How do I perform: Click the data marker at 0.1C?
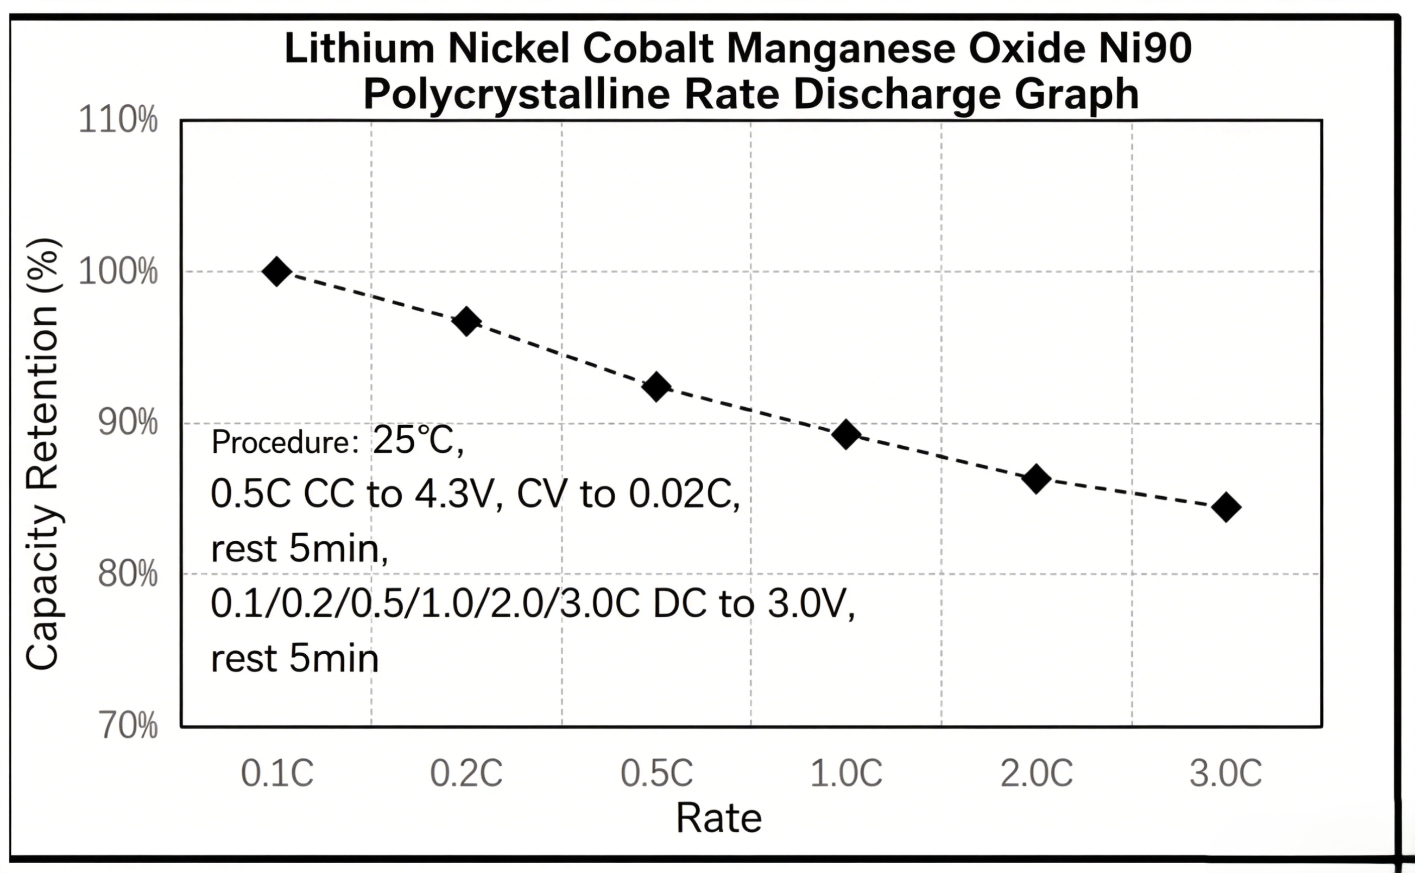pyautogui.click(x=276, y=271)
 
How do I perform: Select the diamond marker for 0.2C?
pyautogui.click(x=467, y=321)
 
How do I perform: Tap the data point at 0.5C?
pyautogui.click(x=656, y=386)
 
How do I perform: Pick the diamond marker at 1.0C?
pyautogui.click(x=847, y=434)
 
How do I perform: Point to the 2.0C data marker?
pyautogui.click(x=1037, y=478)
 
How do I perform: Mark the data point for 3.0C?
pyautogui.click(x=1226, y=507)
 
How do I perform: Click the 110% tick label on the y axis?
pyautogui.click(x=118, y=120)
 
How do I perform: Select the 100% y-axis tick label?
pyautogui.click(x=118, y=271)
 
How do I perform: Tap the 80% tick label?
pyautogui.click(x=128, y=574)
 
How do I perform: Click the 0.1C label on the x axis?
pyautogui.click(x=277, y=773)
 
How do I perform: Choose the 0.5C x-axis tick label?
pyautogui.click(x=656, y=773)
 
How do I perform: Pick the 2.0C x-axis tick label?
pyautogui.click(x=1037, y=773)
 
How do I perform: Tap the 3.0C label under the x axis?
pyautogui.click(x=1226, y=773)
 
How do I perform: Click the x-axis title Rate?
pyautogui.click(x=719, y=818)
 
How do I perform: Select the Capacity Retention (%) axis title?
pyautogui.click(x=43, y=454)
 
